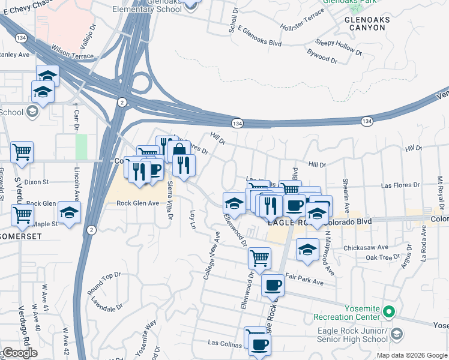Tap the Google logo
(20, 353)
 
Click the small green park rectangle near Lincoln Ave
(81, 147)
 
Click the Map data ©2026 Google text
(411, 355)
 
